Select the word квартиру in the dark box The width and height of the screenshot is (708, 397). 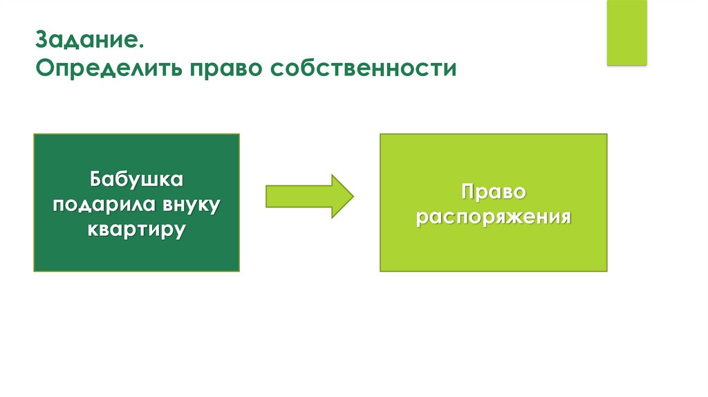pyautogui.click(x=136, y=229)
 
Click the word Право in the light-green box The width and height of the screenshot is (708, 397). pyautogui.click(x=493, y=191)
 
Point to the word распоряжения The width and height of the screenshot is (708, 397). pyautogui.click(x=493, y=216)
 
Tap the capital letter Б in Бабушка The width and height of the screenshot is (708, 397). pyautogui.click(x=94, y=181)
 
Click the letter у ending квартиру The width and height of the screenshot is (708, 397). pyautogui.click(x=181, y=231)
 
